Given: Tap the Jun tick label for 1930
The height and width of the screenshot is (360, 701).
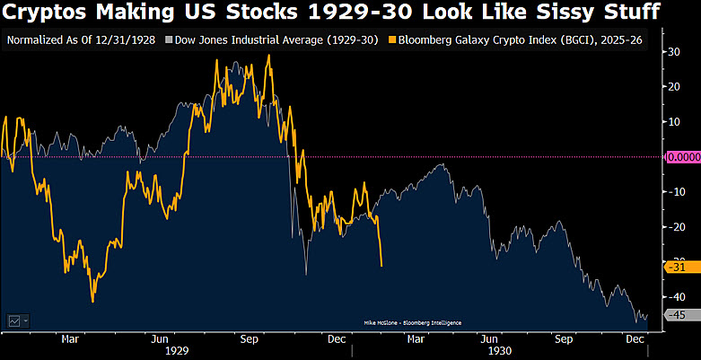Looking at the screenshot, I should click(x=489, y=339).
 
